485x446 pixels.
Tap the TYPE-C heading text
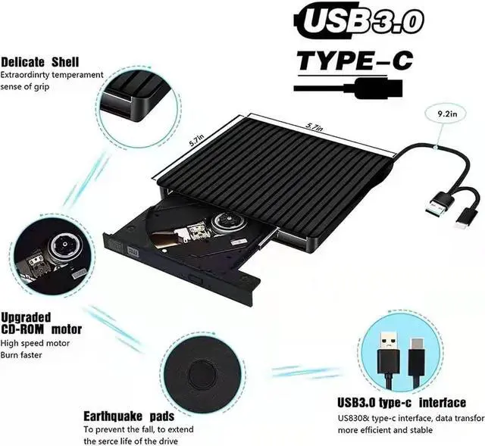(x=354, y=60)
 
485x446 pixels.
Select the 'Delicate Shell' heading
(x=39, y=61)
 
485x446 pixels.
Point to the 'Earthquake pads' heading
(x=129, y=416)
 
